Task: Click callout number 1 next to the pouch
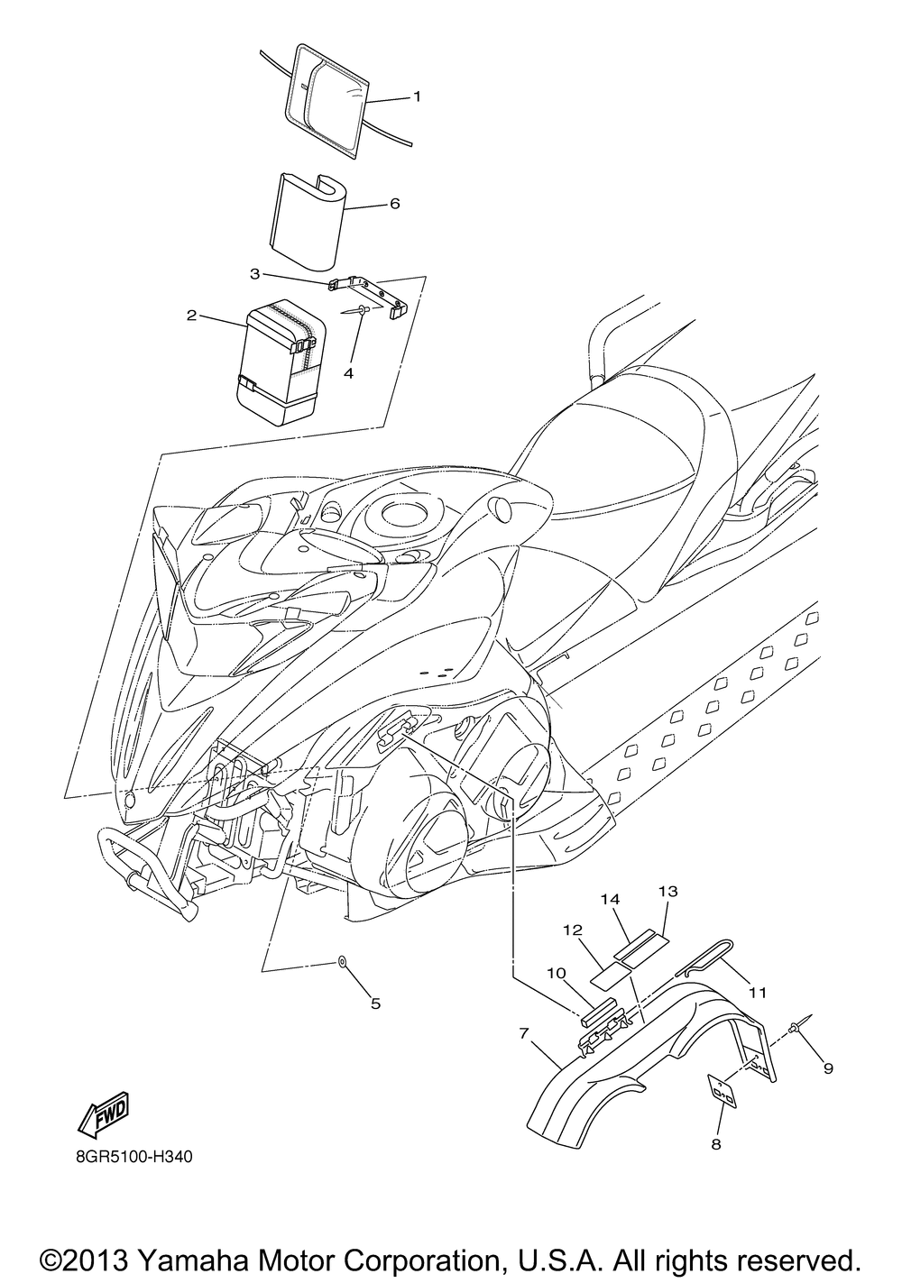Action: pyautogui.click(x=418, y=96)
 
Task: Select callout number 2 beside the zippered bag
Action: pyautogui.click(x=191, y=316)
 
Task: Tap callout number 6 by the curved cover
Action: pyautogui.click(x=395, y=204)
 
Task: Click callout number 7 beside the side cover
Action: pyautogui.click(x=523, y=1034)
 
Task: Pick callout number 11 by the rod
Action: pyautogui.click(x=758, y=993)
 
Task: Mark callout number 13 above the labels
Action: pyautogui.click(x=668, y=891)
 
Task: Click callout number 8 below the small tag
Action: pyautogui.click(x=716, y=1145)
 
